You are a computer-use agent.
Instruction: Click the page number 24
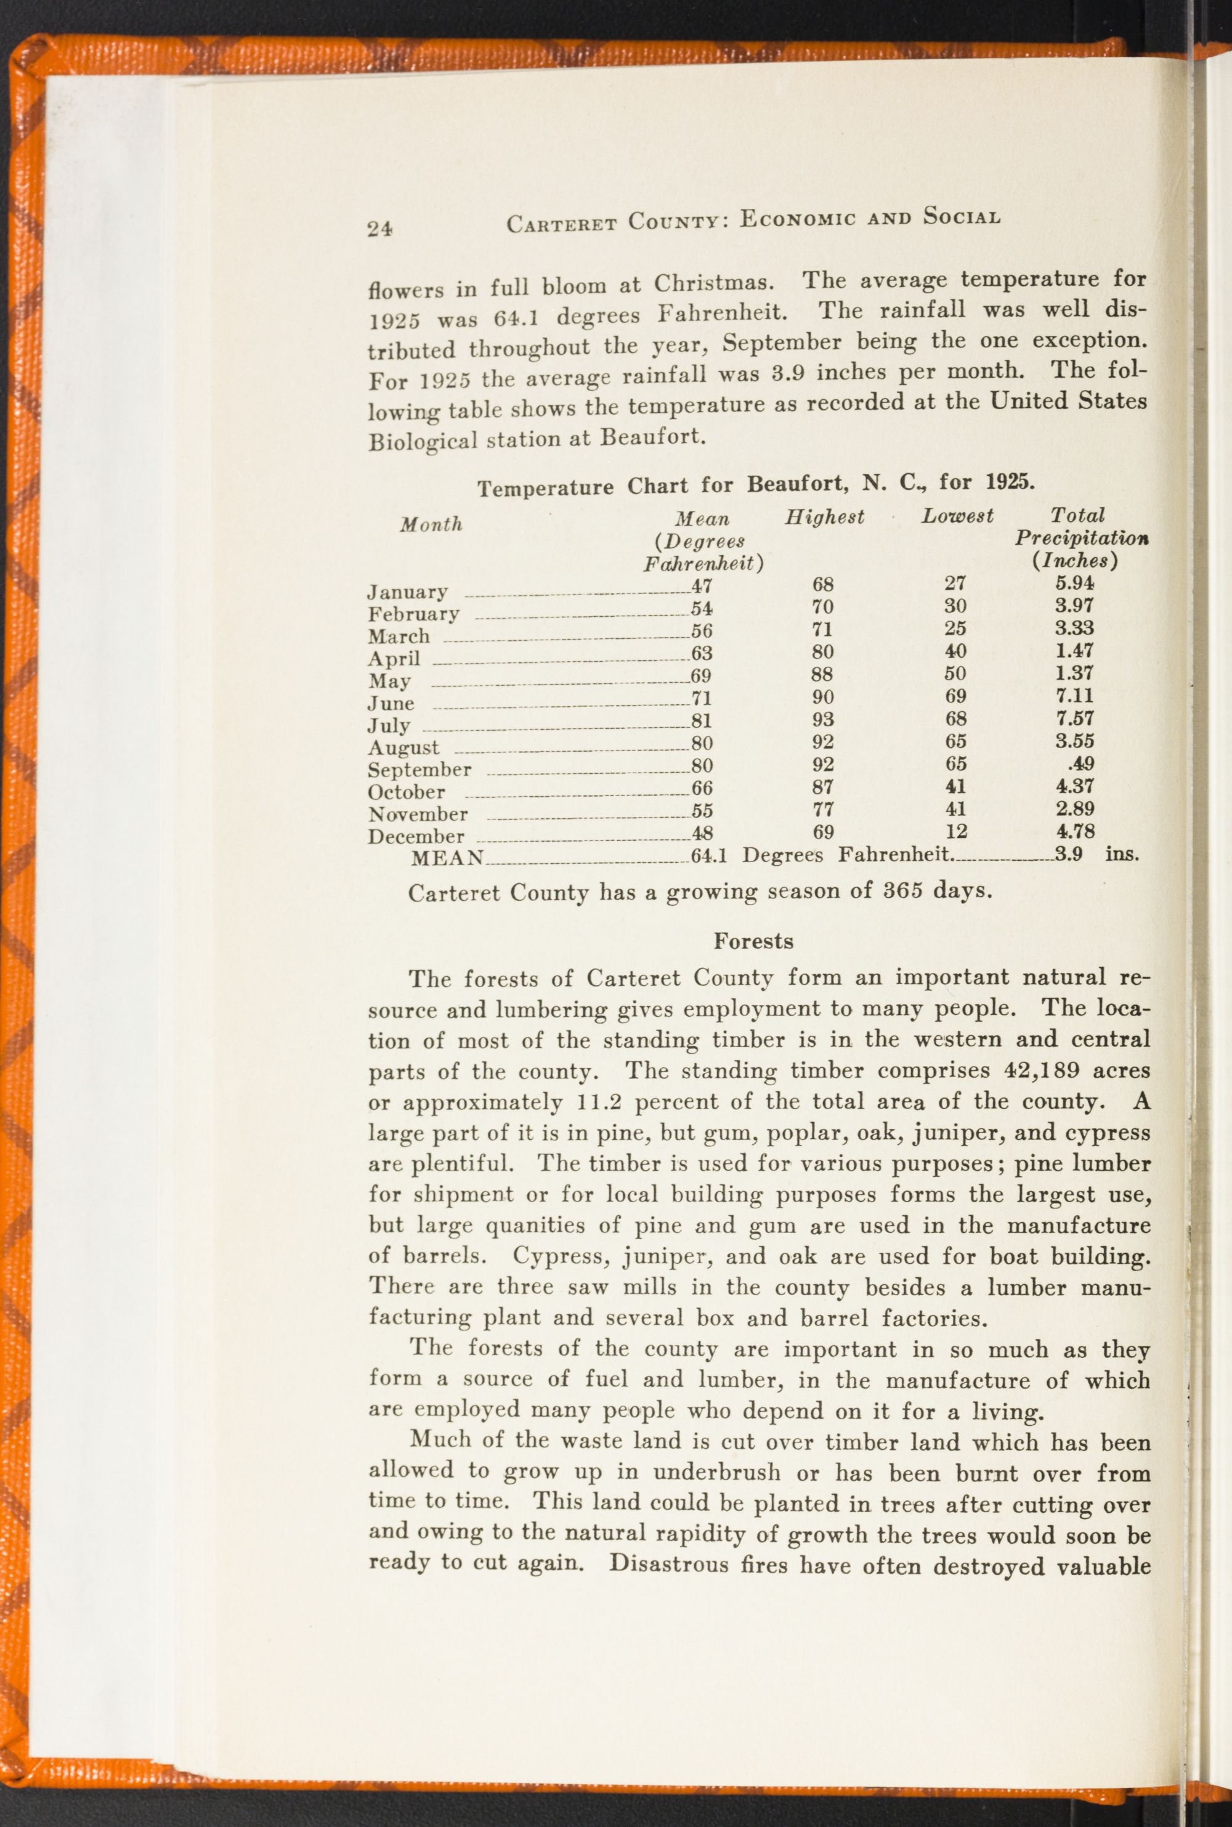click(379, 229)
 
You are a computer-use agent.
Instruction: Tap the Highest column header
click(824, 517)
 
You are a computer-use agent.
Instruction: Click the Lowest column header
click(957, 516)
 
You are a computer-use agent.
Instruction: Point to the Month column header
click(431, 525)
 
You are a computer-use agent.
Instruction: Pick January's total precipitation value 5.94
click(1075, 584)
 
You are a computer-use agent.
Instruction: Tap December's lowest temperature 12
click(956, 831)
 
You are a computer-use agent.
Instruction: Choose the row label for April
click(394, 659)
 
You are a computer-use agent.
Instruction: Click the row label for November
click(418, 815)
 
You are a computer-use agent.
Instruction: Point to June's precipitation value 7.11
click(1075, 696)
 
